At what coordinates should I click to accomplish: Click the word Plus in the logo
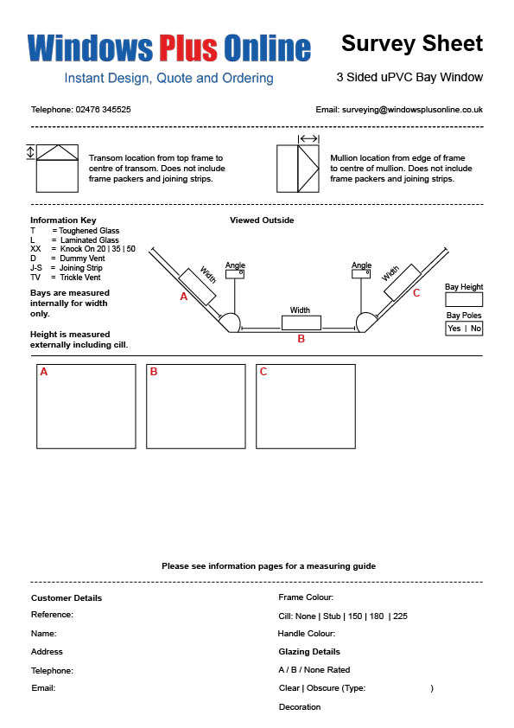coord(188,48)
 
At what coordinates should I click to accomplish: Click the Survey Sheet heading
coord(412,43)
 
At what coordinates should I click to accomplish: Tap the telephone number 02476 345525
coord(103,110)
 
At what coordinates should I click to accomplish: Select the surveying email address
coord(412,110)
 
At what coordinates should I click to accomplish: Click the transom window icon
coord(57,168)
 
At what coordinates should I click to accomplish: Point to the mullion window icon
coord(298,169)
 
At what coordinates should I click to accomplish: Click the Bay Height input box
coord(464,299)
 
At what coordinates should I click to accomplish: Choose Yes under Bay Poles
coord(454,329)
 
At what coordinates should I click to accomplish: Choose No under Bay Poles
coord(475,329)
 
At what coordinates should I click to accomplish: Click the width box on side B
coord(301,322)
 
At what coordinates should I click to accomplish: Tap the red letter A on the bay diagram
coord(184,297)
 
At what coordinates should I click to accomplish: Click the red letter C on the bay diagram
coord(416,293)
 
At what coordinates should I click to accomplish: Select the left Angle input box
coord(235,274)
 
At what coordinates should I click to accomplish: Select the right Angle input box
coord(361,273)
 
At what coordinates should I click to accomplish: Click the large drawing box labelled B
coord(196,406)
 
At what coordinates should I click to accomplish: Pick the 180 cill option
coord(377,616)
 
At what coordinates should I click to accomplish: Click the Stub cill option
coord(332,616)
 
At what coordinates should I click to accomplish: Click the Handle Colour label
coord(306,633)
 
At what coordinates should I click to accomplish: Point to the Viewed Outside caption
coord(262,220)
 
